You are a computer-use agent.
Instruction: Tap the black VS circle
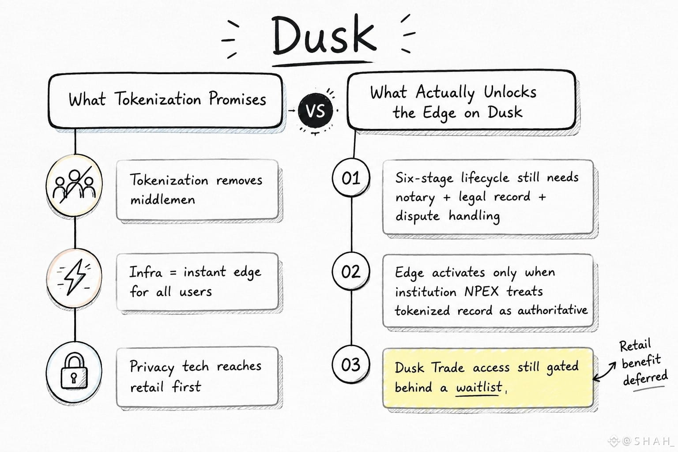tap(315, 110)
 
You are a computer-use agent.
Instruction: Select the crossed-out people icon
tap(74, 185)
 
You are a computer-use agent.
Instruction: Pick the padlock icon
tap(74, 371)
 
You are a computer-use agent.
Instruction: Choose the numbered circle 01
tap(351, 178)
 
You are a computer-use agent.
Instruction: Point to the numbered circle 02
tap(351, 271)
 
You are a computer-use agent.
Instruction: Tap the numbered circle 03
tap(351, 365)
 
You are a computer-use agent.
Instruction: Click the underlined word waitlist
tap(479, 387)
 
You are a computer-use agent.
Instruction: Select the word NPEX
tap(481, 291)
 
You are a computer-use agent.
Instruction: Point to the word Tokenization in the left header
tap(158, 99)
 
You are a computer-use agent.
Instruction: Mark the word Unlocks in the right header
tap(510, 92)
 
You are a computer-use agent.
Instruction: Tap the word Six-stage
tap(424, 178)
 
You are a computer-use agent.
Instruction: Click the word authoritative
tap(552, 310)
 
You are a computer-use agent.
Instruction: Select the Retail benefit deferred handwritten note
tap(643, 363)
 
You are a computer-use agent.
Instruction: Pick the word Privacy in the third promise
tap(152, 367)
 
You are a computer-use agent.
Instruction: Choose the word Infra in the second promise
tap(146, 271)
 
